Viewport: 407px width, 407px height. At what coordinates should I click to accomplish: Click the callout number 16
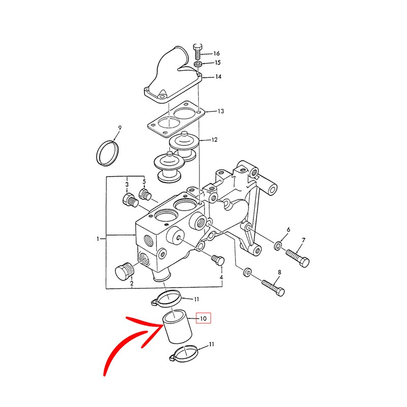(216, 53)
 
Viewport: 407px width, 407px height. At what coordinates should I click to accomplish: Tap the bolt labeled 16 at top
(198, 52)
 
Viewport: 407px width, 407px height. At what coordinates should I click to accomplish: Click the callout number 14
(218, 77)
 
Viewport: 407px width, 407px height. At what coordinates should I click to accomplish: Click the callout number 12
(214, 139)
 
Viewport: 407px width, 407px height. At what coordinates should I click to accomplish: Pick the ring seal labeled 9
(107, 152)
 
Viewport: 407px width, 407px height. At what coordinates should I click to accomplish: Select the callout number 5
(144, 182)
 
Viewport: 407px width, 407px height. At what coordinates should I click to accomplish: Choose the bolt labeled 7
(298, 256)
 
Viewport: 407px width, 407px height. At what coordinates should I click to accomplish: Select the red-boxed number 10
(203, 319)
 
